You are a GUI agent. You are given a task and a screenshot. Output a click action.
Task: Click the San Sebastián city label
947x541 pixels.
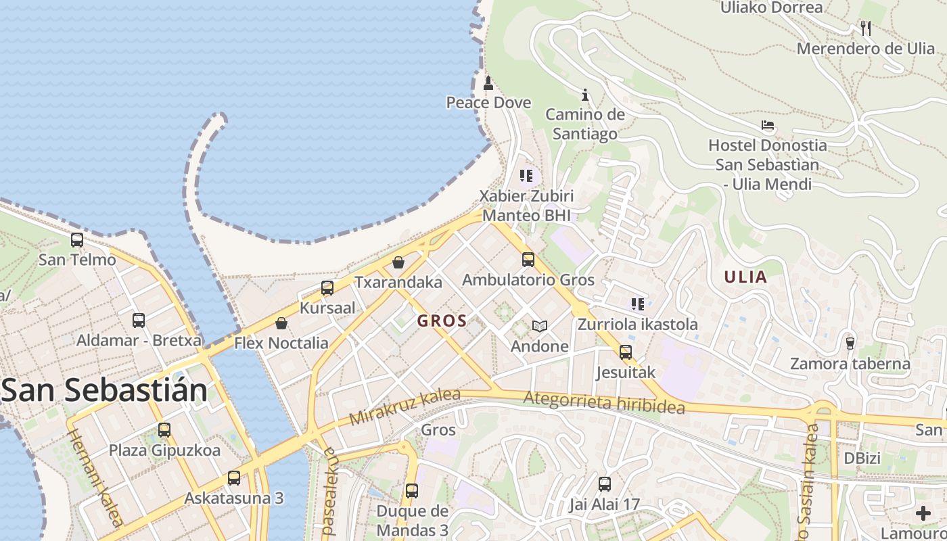(105, 391)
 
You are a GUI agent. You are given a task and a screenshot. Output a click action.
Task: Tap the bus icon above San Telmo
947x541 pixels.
(77, 240)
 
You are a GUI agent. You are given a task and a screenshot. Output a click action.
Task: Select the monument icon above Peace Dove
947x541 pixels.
(488, 83)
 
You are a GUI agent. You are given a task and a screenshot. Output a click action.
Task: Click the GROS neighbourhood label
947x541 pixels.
(442, 321)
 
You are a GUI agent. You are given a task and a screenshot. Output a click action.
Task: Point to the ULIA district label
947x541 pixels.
(745, 277)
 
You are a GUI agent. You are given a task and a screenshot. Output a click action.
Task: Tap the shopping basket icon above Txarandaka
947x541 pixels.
(398, 262)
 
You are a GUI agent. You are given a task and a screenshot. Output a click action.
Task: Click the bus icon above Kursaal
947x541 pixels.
(327, 288)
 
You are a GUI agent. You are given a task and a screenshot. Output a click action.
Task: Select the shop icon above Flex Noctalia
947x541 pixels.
(281, 323)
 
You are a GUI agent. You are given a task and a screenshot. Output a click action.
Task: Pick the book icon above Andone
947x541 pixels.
(539, 327)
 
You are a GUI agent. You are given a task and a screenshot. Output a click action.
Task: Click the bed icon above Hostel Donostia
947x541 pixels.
(768, 125)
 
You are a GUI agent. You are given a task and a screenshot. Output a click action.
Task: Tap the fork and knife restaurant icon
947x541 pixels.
(865, 28)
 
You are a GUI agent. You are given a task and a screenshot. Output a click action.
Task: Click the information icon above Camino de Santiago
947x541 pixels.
(585, 95)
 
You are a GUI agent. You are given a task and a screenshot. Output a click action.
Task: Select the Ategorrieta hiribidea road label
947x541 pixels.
(604, 404)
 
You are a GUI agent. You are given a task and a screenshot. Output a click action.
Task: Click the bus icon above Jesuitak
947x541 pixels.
(626, 352)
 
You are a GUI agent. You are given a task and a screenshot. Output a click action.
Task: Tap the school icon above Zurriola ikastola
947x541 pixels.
(637, 304)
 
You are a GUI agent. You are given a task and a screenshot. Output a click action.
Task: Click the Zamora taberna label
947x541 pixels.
(850, 364)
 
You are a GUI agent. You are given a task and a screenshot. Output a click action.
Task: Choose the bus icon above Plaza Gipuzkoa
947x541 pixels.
(164, 430)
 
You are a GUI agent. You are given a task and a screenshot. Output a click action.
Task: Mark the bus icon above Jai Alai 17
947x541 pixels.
(605, 484)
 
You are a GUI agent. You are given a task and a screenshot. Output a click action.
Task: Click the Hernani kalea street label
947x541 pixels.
(95, 477)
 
